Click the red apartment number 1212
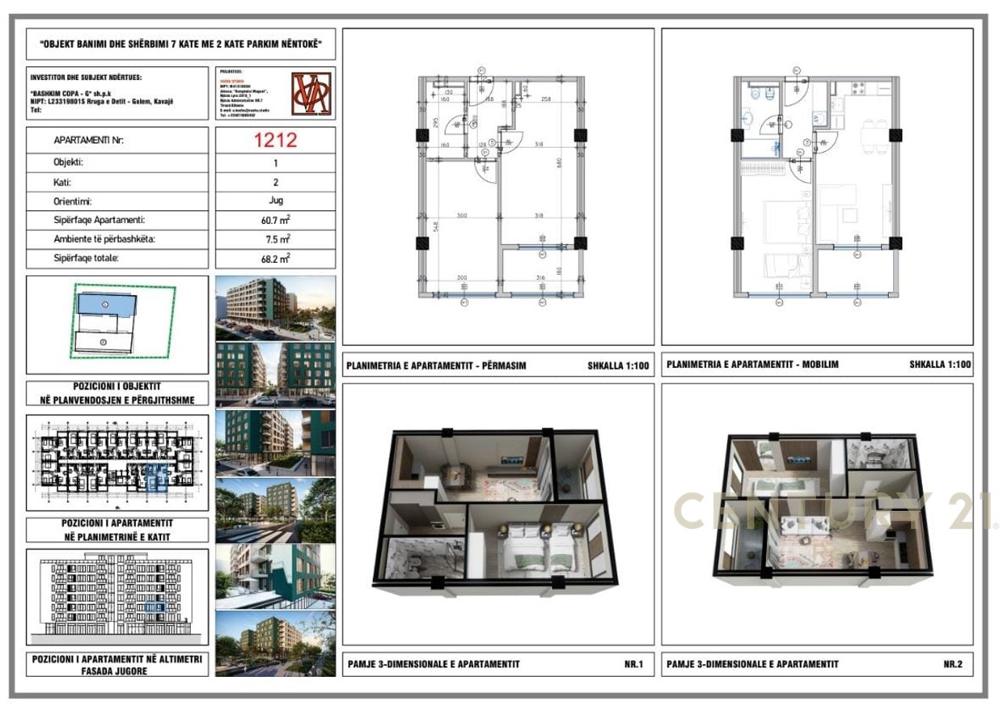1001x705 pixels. coord(275,140)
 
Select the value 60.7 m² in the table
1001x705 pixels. coord(275,220)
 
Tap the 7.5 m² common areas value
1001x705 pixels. coord(275,239)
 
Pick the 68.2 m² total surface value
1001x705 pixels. coord(275,257)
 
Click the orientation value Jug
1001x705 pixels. coord(275,200)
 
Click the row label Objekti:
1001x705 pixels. coord(69,163)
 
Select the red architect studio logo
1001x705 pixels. coord(310,93)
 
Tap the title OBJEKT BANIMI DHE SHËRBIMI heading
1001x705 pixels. coord(181,45)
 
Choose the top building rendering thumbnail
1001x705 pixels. coord(275,306)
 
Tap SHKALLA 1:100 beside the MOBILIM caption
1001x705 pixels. coord(940,365)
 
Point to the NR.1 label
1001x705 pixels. coord(633,664)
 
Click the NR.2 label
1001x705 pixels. coord(953,664)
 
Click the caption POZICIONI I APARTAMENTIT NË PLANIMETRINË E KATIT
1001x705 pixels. coord(117,530)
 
